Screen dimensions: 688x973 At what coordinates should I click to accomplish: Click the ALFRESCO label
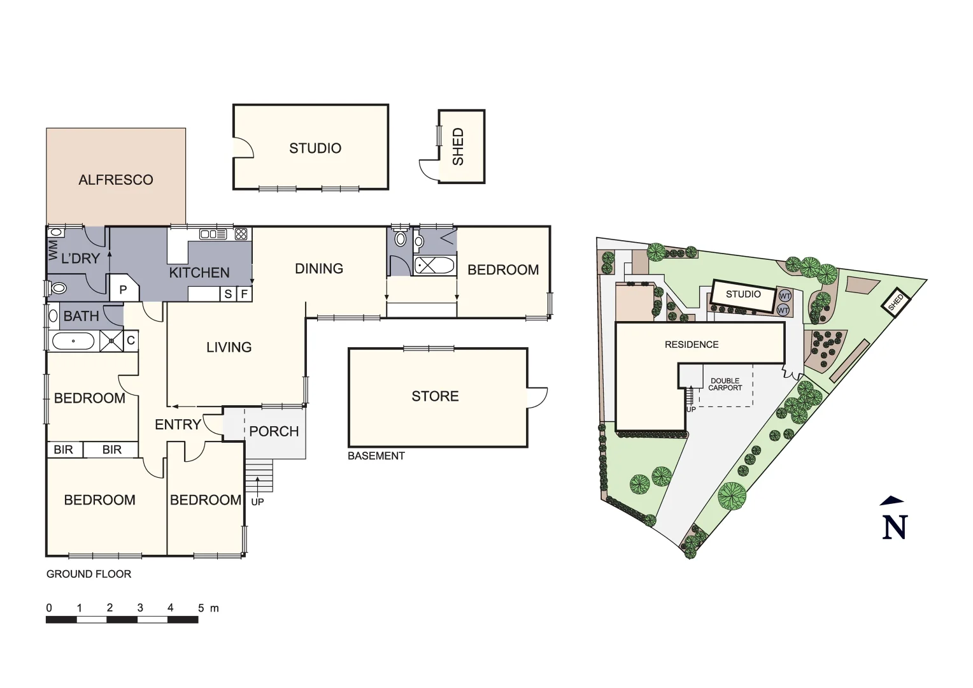point(116,180)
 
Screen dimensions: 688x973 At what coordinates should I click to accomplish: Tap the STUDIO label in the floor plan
point(315,148)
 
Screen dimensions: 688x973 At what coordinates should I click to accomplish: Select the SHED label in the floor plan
point(458,147)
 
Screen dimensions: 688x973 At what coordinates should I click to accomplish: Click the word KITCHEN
point(199,273)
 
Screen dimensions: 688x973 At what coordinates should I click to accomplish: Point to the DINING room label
point(319,269)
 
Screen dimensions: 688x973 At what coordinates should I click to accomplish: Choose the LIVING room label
point(229,347)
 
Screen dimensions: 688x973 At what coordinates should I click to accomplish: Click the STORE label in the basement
point(435,396)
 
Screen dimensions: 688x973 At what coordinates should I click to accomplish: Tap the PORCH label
point(274,431)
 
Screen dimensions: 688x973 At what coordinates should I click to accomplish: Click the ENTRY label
point(178,424)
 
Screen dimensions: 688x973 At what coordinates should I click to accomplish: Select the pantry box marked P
point(123,290)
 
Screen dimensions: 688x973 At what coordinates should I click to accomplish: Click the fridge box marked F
point(244,294)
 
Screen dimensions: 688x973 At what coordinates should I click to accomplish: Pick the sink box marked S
point(228,294)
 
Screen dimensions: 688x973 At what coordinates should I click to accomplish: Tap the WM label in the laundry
point(53,250)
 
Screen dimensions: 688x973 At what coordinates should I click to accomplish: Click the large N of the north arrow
point(894,527)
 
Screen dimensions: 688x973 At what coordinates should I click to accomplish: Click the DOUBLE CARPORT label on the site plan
point(725,384)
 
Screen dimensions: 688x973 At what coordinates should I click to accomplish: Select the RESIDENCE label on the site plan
point(692,345)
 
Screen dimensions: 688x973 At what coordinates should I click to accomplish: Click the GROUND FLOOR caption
point(89,574)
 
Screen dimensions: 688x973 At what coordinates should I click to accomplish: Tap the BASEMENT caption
point(376,456)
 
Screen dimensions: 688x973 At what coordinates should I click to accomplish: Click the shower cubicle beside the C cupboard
point(111,341)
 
